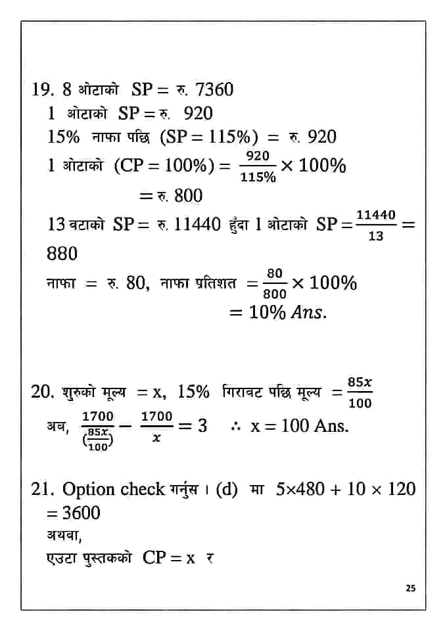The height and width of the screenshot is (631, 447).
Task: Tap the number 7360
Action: pos(214,89)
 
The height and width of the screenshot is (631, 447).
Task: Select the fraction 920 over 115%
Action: pos(258,166)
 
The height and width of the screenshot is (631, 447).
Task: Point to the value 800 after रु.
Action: pos(188,195)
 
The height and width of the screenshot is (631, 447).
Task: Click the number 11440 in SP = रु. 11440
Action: pos(197,224)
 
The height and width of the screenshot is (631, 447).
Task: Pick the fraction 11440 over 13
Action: pos(375,225)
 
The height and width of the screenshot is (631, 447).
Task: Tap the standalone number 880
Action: pos(62,253)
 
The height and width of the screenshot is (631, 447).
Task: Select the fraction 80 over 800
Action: pos(275,284)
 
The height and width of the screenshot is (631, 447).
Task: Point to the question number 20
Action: pos(42,392)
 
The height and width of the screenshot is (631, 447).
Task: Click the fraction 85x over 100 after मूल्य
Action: pos(360,392)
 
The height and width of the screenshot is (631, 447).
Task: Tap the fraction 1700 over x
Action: pos(156,427)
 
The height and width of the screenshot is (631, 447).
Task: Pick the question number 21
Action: pos(42,489)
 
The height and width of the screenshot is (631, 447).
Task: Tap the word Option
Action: pos(87,489)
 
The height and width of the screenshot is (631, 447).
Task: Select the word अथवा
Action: pos(64,535)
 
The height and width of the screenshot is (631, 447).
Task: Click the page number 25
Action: pos(411,588)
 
